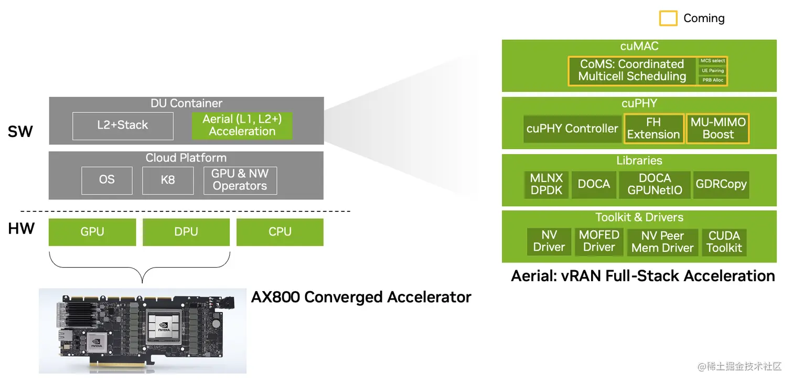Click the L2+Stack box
123,125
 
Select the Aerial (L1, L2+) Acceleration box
242,125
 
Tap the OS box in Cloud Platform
106,180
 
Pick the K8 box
168,180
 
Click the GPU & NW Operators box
240,180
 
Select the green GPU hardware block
92,232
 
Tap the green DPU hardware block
186,232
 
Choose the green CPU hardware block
280,232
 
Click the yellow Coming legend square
668,18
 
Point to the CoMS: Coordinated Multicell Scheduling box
632,71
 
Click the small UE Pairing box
713,71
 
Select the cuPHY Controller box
572,129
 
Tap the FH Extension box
653,129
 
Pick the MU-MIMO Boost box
718,129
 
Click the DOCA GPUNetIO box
655,185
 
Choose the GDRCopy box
721,185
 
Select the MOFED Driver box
599,241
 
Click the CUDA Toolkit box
724,242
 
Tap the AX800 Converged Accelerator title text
361,297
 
